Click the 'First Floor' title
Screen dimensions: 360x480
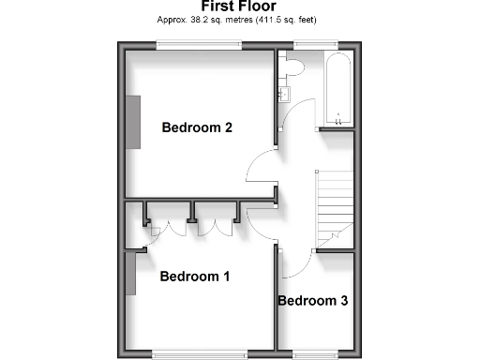point(240,6)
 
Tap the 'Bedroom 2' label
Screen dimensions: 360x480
point(197,127)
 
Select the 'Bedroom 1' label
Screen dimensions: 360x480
point(194,277)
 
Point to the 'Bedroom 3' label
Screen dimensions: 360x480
point(313,301)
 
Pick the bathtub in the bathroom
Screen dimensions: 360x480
point(337,89)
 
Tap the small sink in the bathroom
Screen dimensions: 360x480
point(284,93)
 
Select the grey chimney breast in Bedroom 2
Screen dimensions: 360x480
point(135,121)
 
